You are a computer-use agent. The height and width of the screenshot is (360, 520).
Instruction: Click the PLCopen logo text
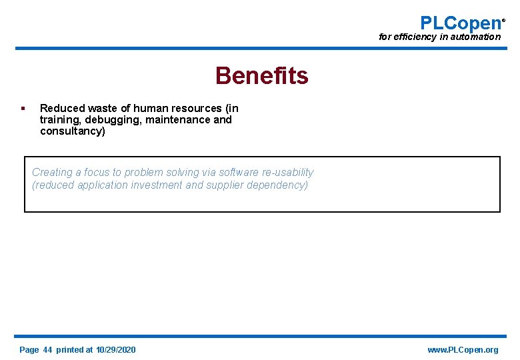(x=461, y=23)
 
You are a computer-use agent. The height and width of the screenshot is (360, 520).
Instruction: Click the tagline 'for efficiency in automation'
(x=439, y=37)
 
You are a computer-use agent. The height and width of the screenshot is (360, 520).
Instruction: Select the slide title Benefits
(x=261, y=76)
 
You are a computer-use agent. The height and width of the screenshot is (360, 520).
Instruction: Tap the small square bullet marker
(x=23, y=108)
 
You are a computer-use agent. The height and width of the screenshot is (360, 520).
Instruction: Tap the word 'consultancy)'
(x=73, y=131)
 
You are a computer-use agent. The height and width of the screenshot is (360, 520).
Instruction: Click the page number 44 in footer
(x=47, y=350)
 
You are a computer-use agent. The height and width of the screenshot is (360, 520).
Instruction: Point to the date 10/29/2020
(x=116, y=350)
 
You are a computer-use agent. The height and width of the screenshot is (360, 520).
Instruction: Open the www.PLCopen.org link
(x=463, y=350)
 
